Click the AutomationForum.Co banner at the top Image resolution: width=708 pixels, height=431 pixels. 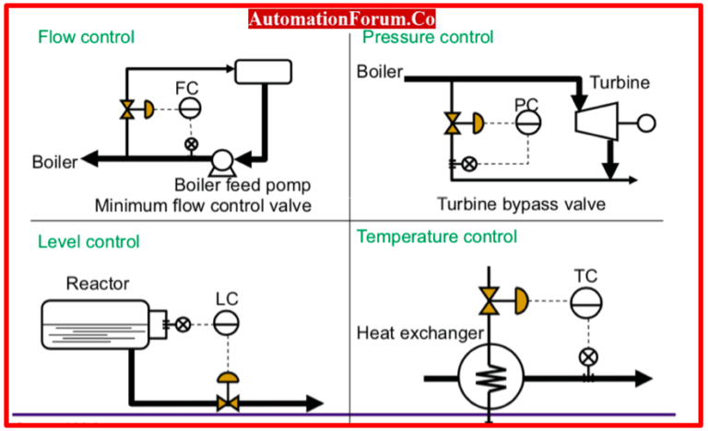click(342, 17)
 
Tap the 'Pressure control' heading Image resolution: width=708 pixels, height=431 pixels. click(428, 38)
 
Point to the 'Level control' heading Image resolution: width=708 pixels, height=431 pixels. click(88, 242)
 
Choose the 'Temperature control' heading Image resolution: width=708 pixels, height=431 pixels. click(437, 237)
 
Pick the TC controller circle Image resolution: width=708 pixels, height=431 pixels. click(584, 301)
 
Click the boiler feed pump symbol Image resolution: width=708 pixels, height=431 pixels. click(220, 162)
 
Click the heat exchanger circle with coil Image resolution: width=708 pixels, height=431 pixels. click(490, 377)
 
